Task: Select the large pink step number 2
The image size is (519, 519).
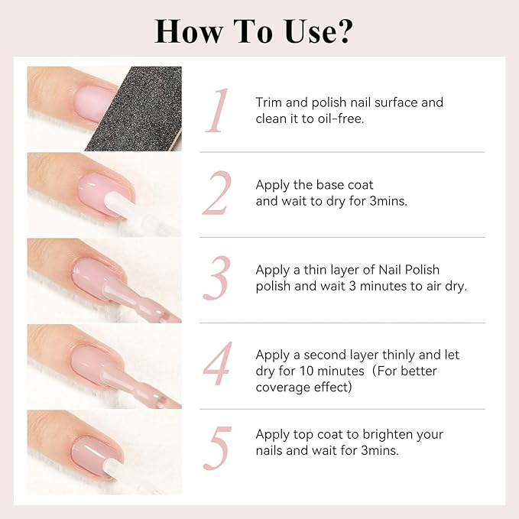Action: pyautogui.click(x=216, y=195)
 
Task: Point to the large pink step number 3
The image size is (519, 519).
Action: pyautogui.click(x=217, y=280)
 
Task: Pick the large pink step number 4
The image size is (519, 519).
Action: pyautogui.click(x=217, y=365)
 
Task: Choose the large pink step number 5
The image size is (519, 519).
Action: pyautogui.click(x=217, y=450)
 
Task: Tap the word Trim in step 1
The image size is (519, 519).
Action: pyautogui.click(x=270, y=102)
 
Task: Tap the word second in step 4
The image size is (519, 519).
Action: pyautogui.click(x=333, y=355)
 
